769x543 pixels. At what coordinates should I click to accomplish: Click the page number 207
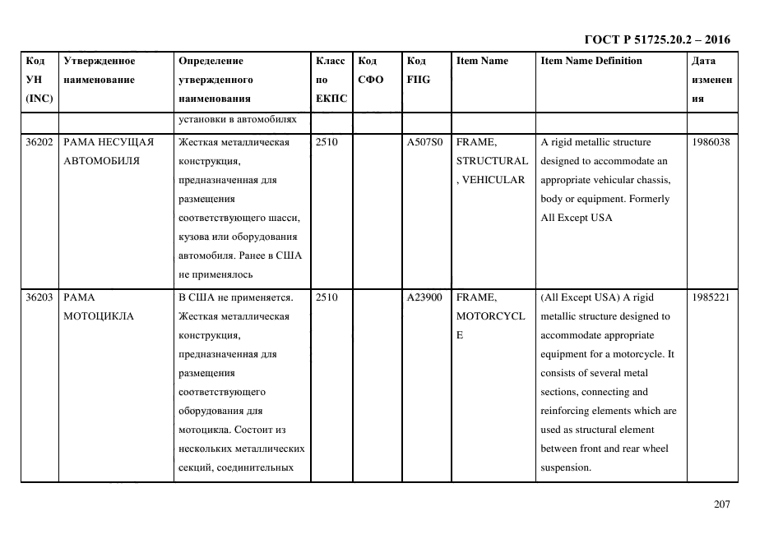(x=721, y=504)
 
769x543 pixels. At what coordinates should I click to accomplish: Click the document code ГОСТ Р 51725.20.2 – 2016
(x=656, y=39)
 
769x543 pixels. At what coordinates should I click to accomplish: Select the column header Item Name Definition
(x=591, y=61)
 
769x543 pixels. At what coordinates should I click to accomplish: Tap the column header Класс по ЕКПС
(x=331, y=80)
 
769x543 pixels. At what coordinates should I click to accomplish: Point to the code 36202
(x=39, y=142)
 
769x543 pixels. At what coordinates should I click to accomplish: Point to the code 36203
(x=39, y=297)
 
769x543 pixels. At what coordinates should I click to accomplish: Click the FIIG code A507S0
(x=424, y=142)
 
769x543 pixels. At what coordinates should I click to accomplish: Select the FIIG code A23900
(x=424, y=297)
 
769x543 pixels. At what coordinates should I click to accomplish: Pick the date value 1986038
(x=711, y=142)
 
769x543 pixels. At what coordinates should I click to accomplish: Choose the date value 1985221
(x=711, y=297)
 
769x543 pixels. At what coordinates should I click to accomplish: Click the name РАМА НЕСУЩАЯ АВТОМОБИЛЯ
(x=108, y=151)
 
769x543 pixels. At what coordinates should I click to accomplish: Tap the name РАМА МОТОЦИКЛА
(x=97, y=306)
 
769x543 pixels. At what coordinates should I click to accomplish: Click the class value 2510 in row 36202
(x=327, y=142)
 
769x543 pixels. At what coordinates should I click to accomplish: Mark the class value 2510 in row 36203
(x=327, y=297)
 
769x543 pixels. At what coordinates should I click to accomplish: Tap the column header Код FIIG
(x=418, y=70)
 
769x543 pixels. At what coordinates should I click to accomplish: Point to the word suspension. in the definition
(x=565, y=467)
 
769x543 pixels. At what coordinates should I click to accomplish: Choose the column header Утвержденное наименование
(x=100, y=70)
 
